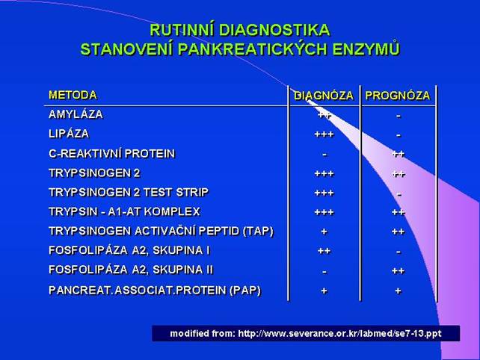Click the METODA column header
73,95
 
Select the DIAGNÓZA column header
324,96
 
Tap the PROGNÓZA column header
398,96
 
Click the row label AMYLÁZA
76,114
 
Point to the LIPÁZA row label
69,134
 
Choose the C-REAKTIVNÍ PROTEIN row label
111,154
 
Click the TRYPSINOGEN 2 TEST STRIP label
129,193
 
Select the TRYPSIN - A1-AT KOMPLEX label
124,211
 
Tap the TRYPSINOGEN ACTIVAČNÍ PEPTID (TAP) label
161,232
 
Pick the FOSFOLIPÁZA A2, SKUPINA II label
131,270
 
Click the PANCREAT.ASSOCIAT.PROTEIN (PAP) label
155,291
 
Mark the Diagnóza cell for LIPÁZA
324,134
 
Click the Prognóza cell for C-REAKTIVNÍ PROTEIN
399,154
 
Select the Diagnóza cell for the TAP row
324,232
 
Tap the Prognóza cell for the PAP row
398,291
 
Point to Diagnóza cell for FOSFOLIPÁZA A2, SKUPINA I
324,251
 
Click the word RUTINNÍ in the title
182,31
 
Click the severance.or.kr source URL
339,333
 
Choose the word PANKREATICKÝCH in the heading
253,49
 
